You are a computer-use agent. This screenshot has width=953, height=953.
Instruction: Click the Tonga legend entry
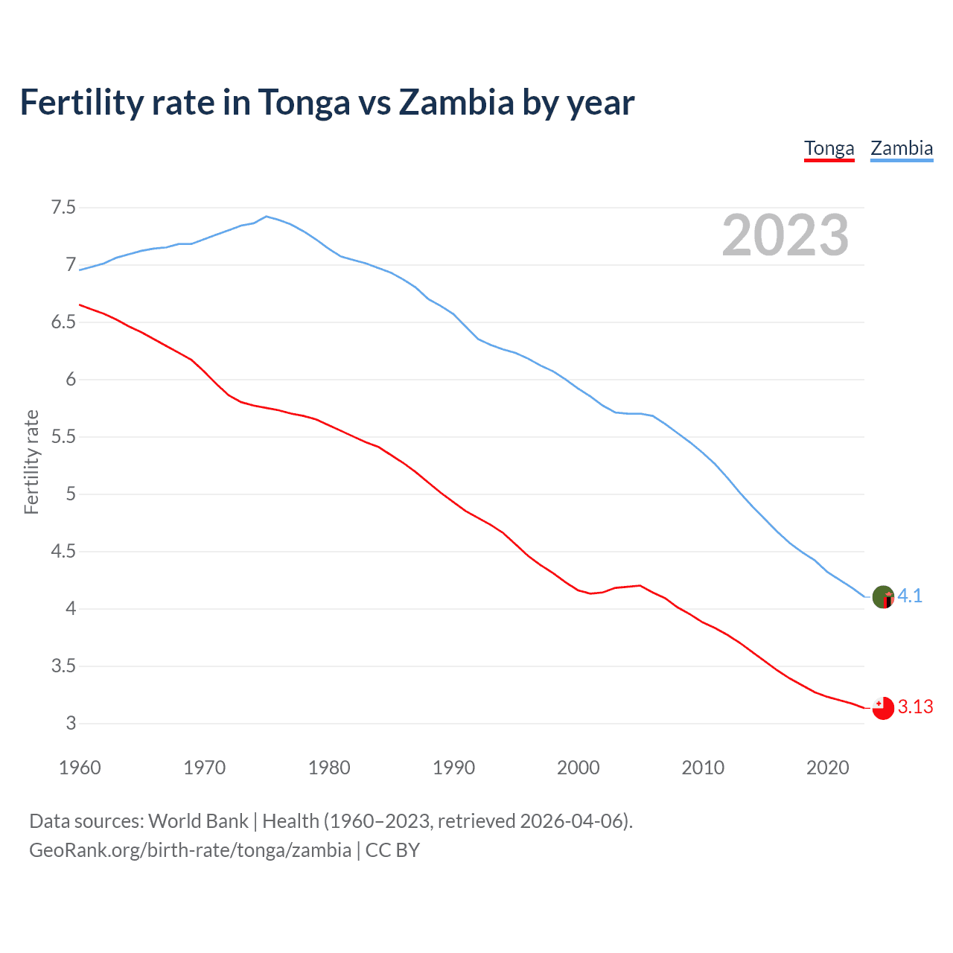[x=829, y=148]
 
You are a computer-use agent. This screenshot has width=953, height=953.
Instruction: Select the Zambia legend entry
[x=902, y=148]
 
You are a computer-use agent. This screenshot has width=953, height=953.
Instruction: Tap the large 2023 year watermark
[x=785, y=235]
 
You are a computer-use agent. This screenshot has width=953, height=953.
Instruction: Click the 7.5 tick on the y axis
[x=63, y=208]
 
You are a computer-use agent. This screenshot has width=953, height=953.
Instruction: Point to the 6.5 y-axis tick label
[x=63, y=322]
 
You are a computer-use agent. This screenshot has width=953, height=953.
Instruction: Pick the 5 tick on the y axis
[x=71, y=494]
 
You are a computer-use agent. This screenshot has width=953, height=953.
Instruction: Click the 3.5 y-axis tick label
[x=63, y=666]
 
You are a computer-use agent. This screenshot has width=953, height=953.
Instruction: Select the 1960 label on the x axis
[x=80, y=768]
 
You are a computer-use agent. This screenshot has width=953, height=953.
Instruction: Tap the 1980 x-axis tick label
[x=329, y=768]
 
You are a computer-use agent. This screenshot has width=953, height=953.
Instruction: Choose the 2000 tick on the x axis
[x=579, y=768]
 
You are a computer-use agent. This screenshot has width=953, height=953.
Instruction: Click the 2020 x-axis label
[x=827, y=768]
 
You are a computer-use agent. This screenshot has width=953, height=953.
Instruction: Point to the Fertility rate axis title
[x=31, y=462]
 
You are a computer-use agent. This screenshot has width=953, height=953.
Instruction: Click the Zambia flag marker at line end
[x=883, y=597]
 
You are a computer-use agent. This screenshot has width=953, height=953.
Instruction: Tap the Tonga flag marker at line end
[x=883, y=708]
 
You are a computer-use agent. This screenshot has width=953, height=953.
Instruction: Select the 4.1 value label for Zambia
[x=910, y=596]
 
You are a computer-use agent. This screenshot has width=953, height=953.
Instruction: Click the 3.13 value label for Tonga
[x=915, y=707]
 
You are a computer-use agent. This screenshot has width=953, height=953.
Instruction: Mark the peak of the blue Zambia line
[x=267, y=217]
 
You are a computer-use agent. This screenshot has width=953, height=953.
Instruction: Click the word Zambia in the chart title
[x=456, y=102]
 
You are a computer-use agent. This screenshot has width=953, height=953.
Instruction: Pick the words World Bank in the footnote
[x=198, y=821]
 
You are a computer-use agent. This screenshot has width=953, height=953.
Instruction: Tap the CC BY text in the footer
[x=392, y=850]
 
